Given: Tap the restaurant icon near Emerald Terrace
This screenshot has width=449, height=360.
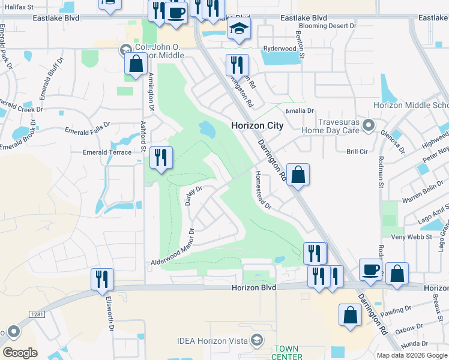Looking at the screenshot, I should point(161,158).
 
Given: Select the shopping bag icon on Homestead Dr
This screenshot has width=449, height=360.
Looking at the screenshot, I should point(298,175).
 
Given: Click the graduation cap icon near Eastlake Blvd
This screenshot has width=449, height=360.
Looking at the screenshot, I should point(239,29).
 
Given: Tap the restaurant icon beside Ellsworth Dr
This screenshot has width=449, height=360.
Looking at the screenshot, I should point(102,280).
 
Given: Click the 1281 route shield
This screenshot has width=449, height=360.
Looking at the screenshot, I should point(36,314).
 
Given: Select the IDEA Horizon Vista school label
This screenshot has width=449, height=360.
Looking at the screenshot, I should point(212,340).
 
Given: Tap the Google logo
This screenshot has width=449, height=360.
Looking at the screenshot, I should point(20,352).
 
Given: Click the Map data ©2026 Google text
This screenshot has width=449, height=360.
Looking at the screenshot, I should point(412,355).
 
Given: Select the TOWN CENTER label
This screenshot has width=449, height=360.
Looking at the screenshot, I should point(288,353).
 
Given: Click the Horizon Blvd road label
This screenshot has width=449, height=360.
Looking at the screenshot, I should point(254,288).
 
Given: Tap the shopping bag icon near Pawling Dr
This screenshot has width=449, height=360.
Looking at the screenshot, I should point(350,315).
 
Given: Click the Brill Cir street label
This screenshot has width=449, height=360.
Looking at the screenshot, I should point(357,152).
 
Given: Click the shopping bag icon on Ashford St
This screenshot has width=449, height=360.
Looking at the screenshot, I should point(136,64).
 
